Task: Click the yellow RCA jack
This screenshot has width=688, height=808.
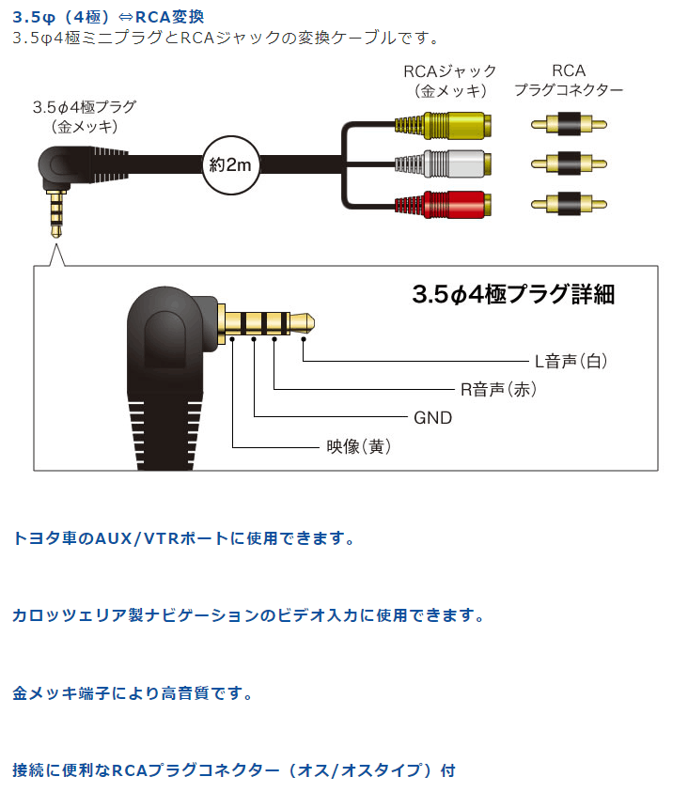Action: (x=443, y=125)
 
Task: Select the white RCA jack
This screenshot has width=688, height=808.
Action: (x=443, y=163)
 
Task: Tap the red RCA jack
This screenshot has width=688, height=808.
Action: (x=443, y=204)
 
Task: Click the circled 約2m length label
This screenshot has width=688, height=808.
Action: (x=230, y=165)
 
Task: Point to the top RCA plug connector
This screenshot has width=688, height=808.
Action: (x=569, y=124)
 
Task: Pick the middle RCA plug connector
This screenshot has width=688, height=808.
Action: (x=569, y=163)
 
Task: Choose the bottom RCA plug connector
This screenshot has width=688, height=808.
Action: (x=569, y=204)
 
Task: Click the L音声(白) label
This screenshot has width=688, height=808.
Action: (x=571, y=361)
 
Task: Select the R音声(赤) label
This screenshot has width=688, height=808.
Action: (x=498, y=390)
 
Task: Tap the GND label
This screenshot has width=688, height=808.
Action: (x=433, y=418)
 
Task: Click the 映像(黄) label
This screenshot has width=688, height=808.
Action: (x=359, y=446)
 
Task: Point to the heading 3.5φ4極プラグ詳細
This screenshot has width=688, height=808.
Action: (x=513, y=295)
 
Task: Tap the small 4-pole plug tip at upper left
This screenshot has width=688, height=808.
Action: (x=56, y=214)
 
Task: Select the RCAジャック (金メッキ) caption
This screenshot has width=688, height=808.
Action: (x=450, y=81)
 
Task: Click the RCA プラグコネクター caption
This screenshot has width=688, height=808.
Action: (x=569, y=81)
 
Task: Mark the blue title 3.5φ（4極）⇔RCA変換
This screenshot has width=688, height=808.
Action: (x=108, y=17)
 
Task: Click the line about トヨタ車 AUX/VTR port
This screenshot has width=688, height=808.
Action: (x=183, y=538)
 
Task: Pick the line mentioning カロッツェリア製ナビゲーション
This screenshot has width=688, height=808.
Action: (x=248, y=615)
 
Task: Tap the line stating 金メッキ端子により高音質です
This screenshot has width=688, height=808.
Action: (x=133, y=693)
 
